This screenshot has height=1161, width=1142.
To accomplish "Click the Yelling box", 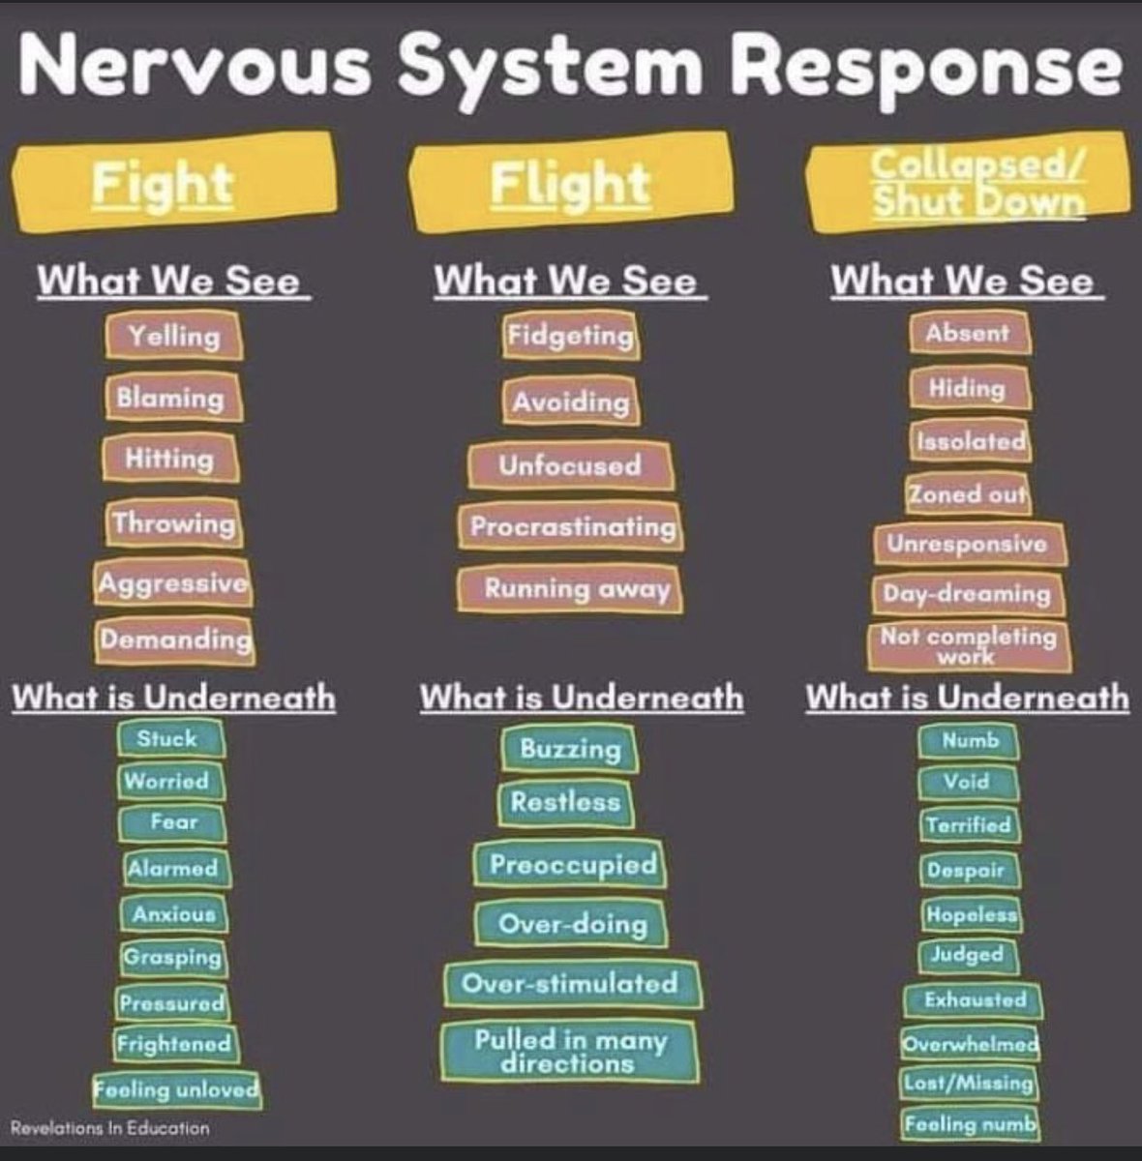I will tap(174, 336).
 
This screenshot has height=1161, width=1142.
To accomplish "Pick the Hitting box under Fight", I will tap(170, 459).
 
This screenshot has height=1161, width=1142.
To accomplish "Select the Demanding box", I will tap(175, 640).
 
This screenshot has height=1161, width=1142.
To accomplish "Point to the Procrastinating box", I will tap(572, 527).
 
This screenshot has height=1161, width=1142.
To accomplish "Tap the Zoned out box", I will tap(968, 494).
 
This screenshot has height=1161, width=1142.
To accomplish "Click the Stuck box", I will tap(169, 738).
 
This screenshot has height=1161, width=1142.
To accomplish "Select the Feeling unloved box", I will tap(177, 1088).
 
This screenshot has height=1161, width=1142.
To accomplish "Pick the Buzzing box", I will tap(570, 749).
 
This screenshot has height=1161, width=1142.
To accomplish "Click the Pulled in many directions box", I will tap(570, 1052).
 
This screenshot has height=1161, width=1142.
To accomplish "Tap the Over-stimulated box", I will tap(571, 984).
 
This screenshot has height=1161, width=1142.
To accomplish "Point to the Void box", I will tap(968, 781).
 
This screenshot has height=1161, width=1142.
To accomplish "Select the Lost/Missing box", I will tap(969, 1083).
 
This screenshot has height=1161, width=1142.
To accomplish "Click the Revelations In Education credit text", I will tap(109, 1128).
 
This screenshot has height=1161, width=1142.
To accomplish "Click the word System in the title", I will tap(549, 64).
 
